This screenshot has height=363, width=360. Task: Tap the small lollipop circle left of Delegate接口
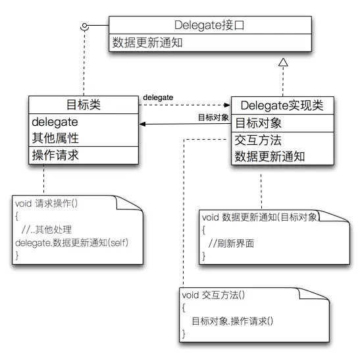84,26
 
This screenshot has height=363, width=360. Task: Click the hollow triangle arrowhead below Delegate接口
284,62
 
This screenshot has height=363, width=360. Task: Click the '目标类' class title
82,105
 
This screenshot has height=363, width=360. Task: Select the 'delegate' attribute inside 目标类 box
55,122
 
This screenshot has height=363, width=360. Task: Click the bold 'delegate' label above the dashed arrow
158,98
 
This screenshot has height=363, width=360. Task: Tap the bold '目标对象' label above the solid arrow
213,117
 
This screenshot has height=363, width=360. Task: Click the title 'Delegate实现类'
284,105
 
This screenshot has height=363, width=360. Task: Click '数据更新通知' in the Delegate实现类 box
266,157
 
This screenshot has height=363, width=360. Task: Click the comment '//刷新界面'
231,244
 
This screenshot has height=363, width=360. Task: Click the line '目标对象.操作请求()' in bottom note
232,321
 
